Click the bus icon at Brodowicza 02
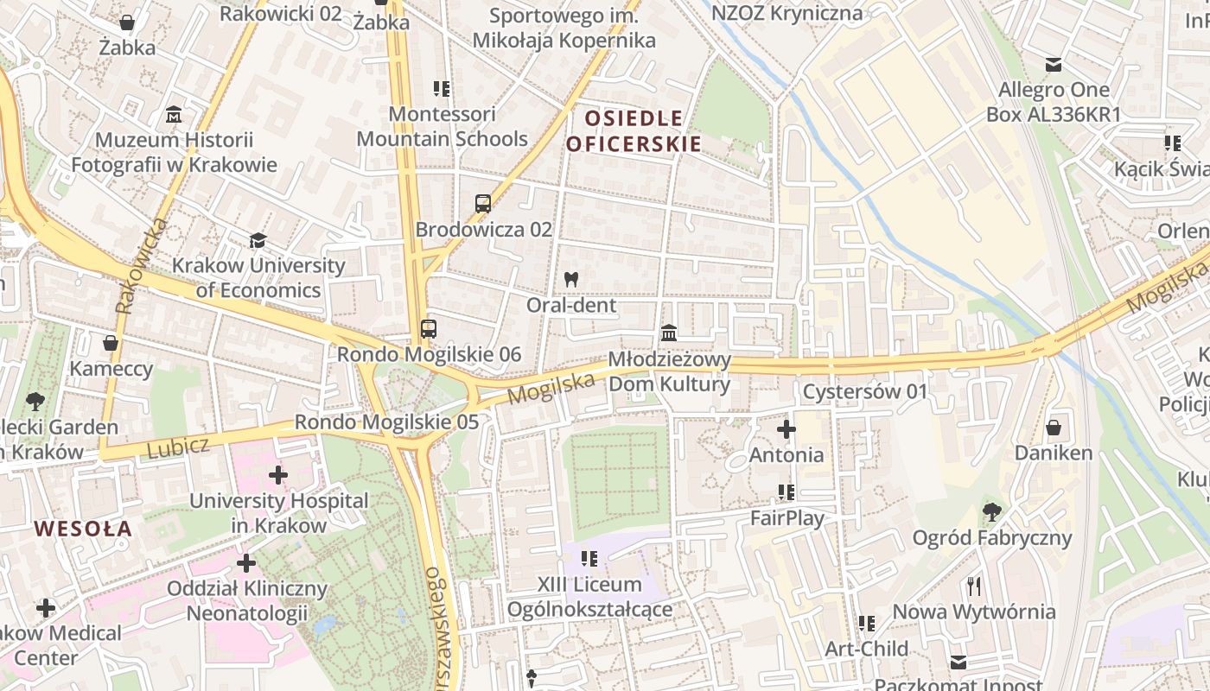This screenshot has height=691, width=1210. point(483,204)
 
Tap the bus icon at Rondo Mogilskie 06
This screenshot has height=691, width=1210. point(429,329)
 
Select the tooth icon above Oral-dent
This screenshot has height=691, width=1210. point(570,279)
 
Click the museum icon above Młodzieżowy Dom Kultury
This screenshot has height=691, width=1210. point(669,333)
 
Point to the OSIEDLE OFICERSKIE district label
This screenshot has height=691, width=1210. point(633,130)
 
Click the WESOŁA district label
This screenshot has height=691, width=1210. point(83,528)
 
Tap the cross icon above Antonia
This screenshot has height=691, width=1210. point(786,429)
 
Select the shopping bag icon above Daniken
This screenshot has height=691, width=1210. point(1054,428)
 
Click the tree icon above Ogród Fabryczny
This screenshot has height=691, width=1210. point(992,512)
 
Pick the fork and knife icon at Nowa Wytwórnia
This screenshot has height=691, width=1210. point(974,586)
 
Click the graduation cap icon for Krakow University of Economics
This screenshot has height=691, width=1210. point(258,240)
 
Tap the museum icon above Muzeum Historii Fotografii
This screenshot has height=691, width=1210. point(174,114)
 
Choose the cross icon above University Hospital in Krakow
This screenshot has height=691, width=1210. point(278,475)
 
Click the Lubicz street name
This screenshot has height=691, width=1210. point(178,447)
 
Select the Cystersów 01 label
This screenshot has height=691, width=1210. point(864,392)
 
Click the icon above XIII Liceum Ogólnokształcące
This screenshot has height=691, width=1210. point(589,559)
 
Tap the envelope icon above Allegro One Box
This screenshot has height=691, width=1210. point(1054,65)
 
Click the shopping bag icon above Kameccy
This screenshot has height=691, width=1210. point(111,344)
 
